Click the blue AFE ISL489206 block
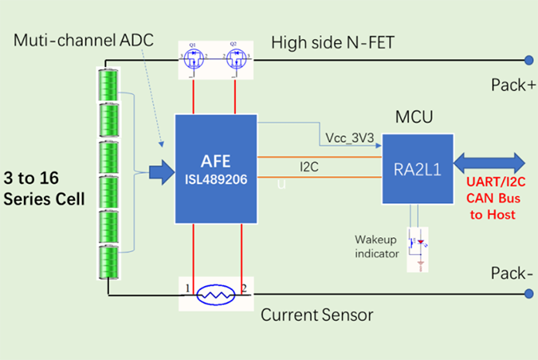click(216, 169)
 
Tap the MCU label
click(414, 118)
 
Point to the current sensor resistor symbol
click(215, 295)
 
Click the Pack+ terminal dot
click(528, 58)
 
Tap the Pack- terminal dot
click(528, 295)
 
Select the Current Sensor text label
click(316, 315)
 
